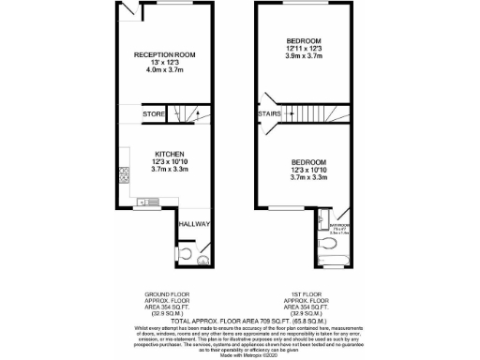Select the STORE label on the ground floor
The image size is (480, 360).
coord(154,114)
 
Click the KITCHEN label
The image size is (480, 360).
coord(169,154)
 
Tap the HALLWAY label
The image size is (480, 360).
coord(195,224)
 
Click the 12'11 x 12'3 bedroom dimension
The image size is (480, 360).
coord(305,49)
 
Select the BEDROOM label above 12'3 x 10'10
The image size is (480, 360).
coord(305,160)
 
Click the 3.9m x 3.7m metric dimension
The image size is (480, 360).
coord(305,56)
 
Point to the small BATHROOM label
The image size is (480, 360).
coord(339,225)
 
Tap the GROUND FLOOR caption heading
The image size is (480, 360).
coord(163,292)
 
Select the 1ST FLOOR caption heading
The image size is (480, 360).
coord(304,292)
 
